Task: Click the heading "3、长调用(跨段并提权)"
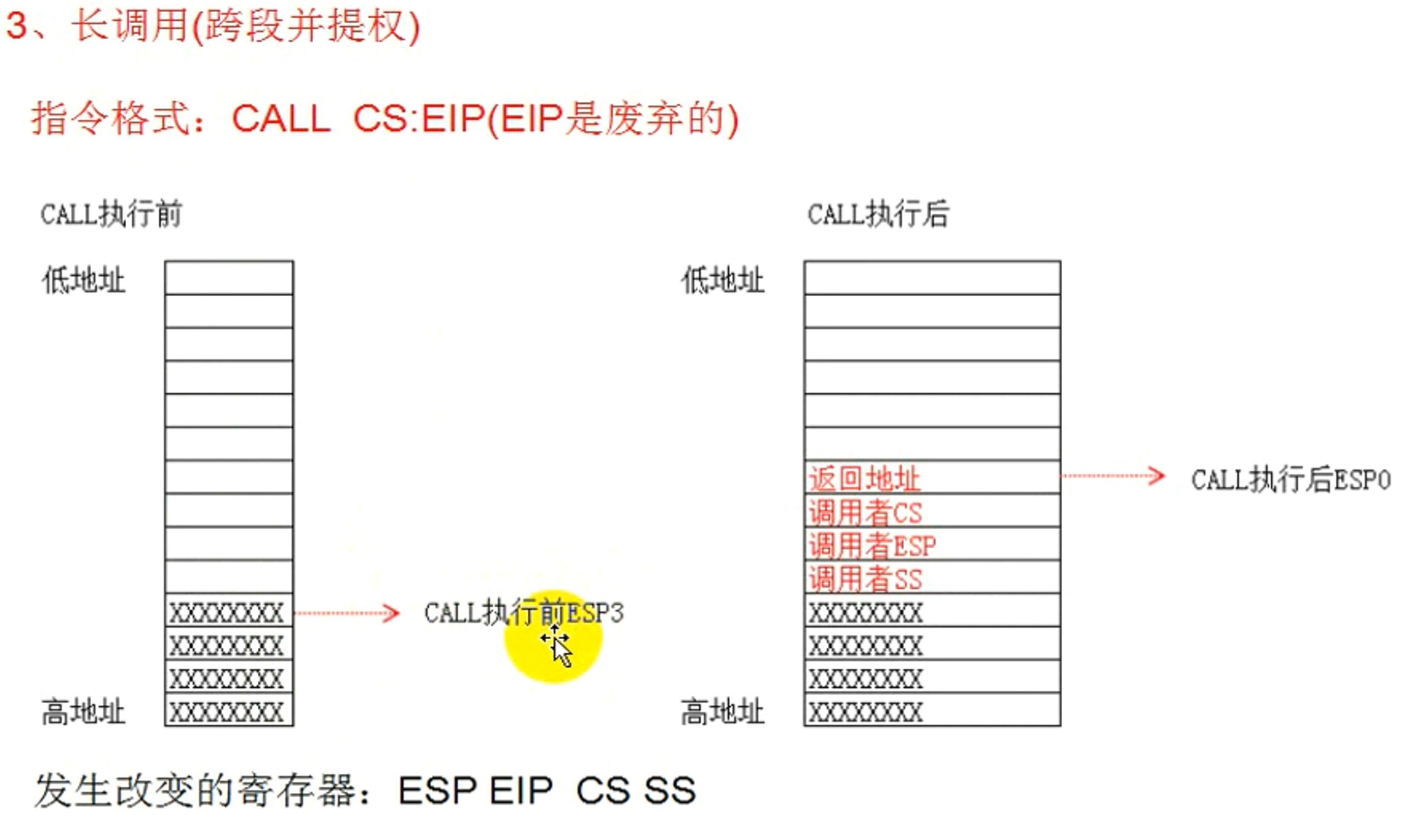213,27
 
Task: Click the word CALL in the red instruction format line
281,119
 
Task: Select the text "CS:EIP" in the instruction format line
418,119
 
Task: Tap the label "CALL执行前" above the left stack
111,214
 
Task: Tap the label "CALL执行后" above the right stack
878,214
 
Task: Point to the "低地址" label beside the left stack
84,280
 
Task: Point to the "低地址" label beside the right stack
723,280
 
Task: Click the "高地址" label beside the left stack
84,711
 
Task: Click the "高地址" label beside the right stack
723,711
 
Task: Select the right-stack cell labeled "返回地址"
931,478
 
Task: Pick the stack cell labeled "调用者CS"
931,512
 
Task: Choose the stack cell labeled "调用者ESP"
931,545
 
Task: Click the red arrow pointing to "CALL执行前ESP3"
347,613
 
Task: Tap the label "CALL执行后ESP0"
1290,479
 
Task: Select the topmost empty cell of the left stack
229,278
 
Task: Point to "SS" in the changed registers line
669,790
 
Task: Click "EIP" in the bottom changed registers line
520,790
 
